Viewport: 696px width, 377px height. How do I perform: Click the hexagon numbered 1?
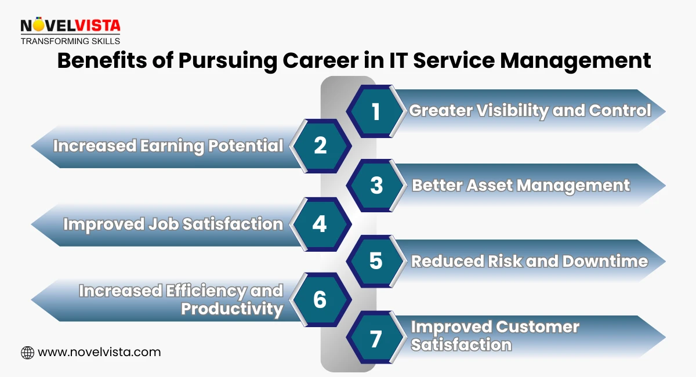[376, 111]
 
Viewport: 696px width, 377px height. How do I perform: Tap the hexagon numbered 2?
[320, 146]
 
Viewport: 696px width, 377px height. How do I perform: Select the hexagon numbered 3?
[376, 185]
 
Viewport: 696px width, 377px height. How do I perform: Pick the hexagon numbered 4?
[320, 224]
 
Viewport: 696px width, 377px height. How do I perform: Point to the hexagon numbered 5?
[376, 261]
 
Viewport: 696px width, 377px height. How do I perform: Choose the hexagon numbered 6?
[320, 300]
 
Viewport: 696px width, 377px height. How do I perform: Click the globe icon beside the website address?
[27, 352]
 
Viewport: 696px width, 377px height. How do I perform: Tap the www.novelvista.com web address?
[99, 352]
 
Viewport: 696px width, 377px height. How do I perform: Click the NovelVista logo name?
[70, 26]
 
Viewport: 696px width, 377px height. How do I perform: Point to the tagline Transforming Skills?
[70, 41]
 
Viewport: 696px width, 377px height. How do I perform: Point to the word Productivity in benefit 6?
[232, 309]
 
